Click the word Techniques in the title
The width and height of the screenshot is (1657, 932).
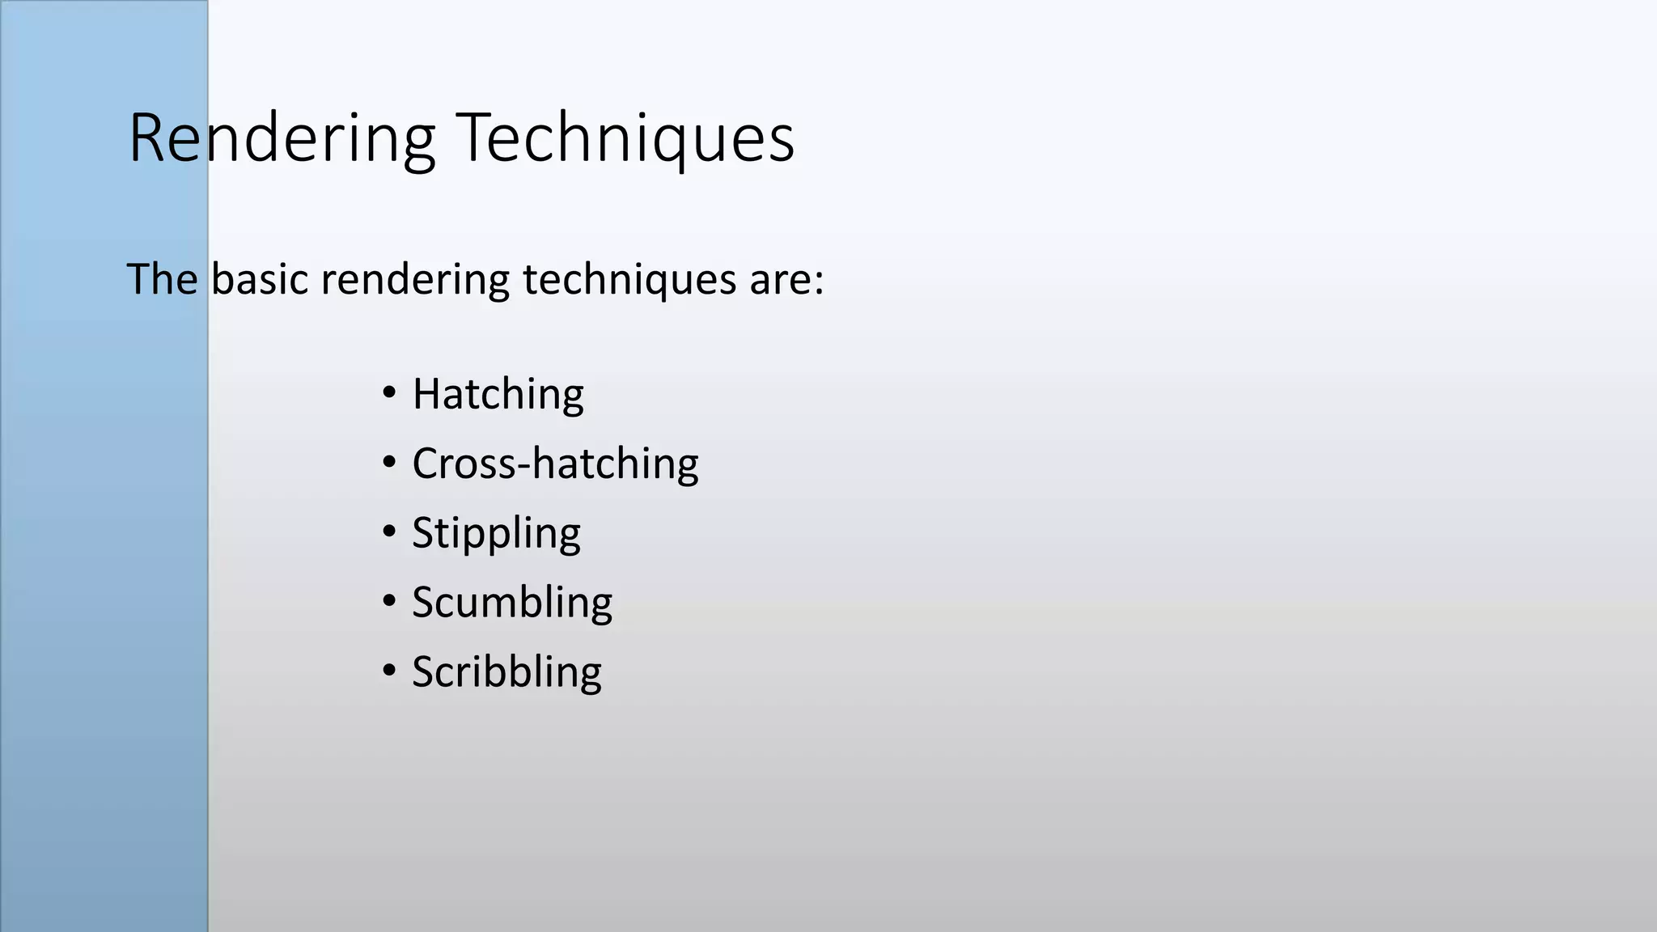pyautogui.click(x=625, y=139)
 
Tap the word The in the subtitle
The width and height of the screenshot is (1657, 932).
pyautogui.click(x=162, y=279)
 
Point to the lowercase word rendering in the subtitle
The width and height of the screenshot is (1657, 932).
pyautogui.click(x=415, y=281)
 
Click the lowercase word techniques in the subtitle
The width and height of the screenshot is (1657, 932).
pyautogui.click(x=629, y=281)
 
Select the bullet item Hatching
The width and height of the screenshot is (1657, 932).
pyautogui.click(x=498, y=395)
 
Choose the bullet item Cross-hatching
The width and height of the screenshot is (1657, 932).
pyautogui.click(x=555, y=464)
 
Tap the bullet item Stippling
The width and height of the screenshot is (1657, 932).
pyautogui.click(x=496, y=534)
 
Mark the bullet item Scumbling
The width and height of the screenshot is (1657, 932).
pyautogui.click(x=512, y=603)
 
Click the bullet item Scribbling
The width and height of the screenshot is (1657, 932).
pyautogui.click(x=506, y=672)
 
